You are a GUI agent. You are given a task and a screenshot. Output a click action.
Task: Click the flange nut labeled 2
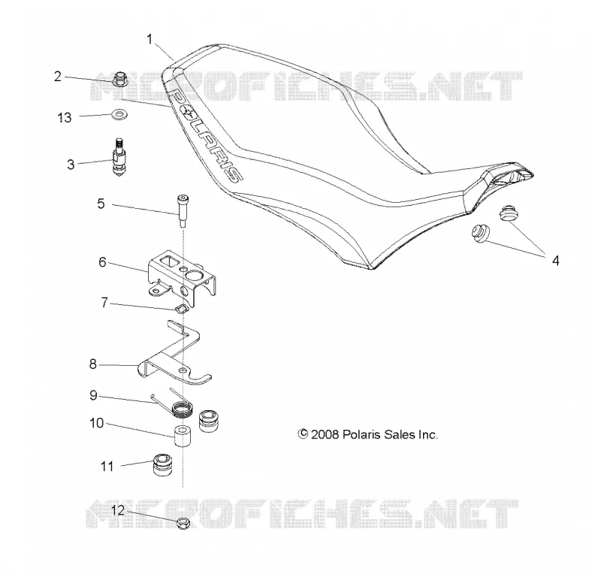tap(120, 78)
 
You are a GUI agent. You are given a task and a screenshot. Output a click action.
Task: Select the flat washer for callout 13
tap(119, 114)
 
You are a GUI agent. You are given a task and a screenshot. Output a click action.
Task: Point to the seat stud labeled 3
tap(119, 157)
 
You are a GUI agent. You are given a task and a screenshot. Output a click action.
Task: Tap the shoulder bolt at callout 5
tap(182, 211)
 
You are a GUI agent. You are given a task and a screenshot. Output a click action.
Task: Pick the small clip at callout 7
tap(180, 308)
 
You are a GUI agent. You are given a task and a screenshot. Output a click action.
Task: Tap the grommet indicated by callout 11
tap(163, 464)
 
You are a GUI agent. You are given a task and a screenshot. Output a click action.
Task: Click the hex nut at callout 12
tap(183, 524)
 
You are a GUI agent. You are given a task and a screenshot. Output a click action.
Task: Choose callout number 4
tap(555, 261)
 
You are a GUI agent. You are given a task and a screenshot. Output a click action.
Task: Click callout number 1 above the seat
tap(149, 39)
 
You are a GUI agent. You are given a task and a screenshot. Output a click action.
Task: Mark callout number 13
tap(65, 117)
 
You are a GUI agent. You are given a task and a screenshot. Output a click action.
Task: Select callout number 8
tap(92, 364)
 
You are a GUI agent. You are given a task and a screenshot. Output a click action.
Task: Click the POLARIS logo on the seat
tap(205, 135)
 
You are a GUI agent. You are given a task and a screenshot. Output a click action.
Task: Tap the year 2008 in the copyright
tap(325, 434)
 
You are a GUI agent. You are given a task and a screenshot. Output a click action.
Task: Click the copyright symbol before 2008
tap(303, 434)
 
